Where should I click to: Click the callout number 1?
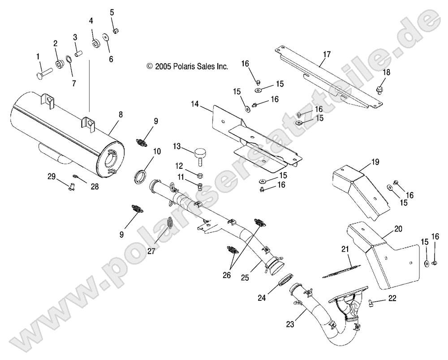38,56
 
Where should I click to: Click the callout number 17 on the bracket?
327,55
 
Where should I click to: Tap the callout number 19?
375,162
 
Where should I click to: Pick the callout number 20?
398,229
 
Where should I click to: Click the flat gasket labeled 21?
342,267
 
